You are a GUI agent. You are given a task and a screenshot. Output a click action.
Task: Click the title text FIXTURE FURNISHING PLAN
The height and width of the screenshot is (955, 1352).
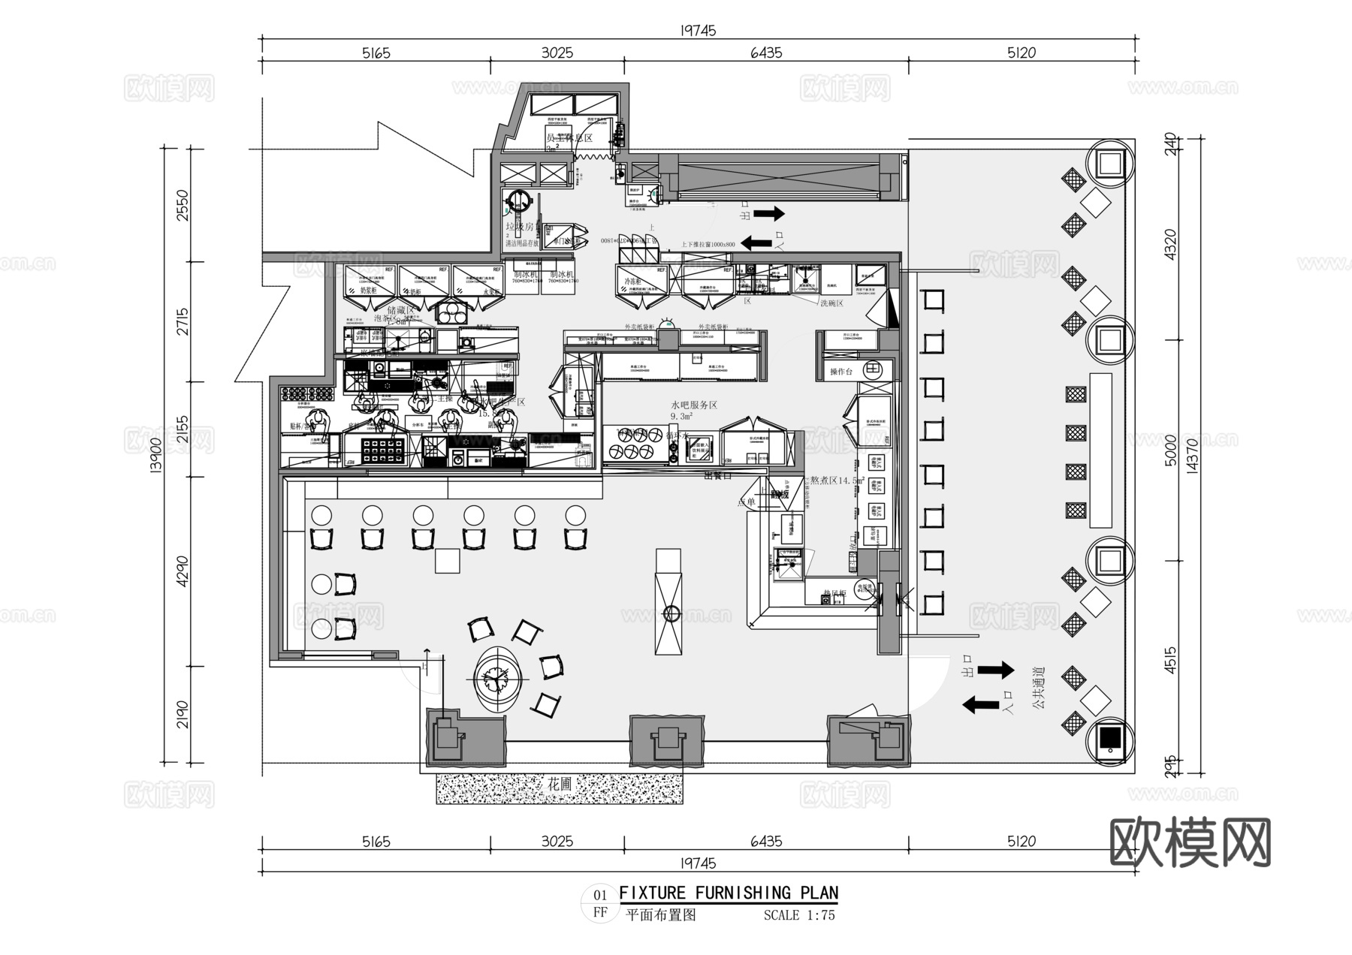[x=728, y=893]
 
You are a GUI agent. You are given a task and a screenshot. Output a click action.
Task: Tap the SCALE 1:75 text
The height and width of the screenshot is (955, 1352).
[x=799, y=915]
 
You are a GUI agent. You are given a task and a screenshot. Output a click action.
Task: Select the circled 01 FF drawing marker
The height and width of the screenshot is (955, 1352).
[x=600, y=904]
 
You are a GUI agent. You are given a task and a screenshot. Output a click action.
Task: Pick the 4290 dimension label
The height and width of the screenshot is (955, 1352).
[x=183, y=571]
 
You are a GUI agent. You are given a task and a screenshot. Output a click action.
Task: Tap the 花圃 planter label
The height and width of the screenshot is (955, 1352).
[x=559, y=785]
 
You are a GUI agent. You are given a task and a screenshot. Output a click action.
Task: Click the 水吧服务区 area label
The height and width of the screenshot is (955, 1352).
[x=693, y=405]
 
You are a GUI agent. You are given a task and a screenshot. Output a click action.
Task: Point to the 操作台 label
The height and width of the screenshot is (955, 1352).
[x=841, y=372]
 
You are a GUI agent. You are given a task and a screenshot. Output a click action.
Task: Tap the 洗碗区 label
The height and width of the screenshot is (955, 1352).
[x=831, y=303]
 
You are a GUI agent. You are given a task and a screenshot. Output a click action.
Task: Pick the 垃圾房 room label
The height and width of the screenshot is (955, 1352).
[x=519, y=226]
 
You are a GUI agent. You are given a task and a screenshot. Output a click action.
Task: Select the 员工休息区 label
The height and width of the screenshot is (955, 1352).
[x=569, y=138]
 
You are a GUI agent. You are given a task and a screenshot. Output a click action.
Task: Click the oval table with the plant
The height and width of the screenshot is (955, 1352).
[x=496, y=679]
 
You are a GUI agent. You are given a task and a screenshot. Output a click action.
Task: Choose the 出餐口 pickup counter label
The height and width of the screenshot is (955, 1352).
[x=717, y=475]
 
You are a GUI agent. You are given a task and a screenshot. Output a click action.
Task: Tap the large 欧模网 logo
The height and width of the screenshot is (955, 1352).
[x=1190, y=842]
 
